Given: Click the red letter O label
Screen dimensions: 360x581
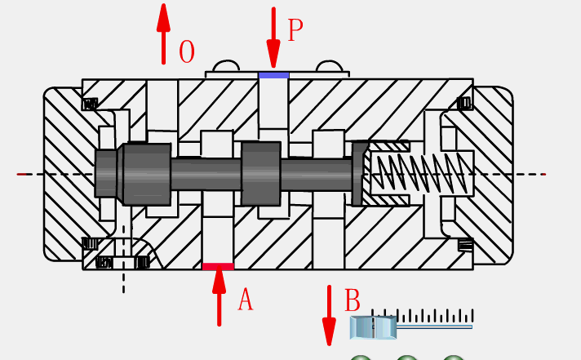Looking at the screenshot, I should pyautogui.click(x=187, y=53).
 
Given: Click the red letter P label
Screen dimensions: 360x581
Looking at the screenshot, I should pyautogui.click(x=295, y=31).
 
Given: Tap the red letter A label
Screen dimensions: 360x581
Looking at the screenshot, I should pyautogui.click(x=245, y=300).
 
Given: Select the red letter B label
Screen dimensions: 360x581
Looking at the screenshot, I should pyautogui.click(x=353, y=301).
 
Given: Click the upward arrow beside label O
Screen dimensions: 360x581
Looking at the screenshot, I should pyautogui.click(x=164, y=33).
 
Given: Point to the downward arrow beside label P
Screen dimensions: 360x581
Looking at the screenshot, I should pyautogui.click(x=273, y=38).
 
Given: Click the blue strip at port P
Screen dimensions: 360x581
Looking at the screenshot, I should pyautogui.click(x=274, y=75).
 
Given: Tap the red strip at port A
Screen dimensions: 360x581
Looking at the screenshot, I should pyautogui.click(x=218, y=266).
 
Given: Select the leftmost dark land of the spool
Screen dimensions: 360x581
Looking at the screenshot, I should pyautogui.click(x=145, y=174).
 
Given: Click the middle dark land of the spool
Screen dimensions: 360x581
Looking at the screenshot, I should pyautogui.click(x=260, y=173).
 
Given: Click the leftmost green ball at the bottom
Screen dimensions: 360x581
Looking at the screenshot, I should pyautogui.click(x=361, y=358).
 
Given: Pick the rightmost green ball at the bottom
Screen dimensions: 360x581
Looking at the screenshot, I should pyautogui.click(x=454, y=358).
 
